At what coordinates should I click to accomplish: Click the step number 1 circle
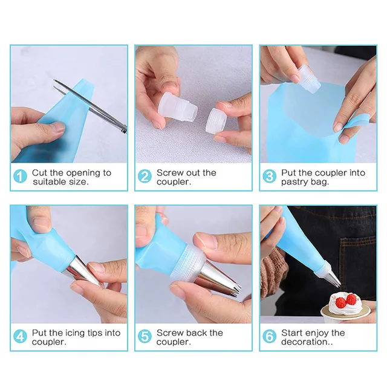click(21, 177)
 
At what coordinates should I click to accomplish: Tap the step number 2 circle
click(145, 177)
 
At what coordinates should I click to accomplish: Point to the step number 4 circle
click(21, 337)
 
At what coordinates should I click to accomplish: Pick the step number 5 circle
click(145, 337)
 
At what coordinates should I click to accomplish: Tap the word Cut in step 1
click(40, 172)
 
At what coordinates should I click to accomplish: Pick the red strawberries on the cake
click(345, 300)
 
